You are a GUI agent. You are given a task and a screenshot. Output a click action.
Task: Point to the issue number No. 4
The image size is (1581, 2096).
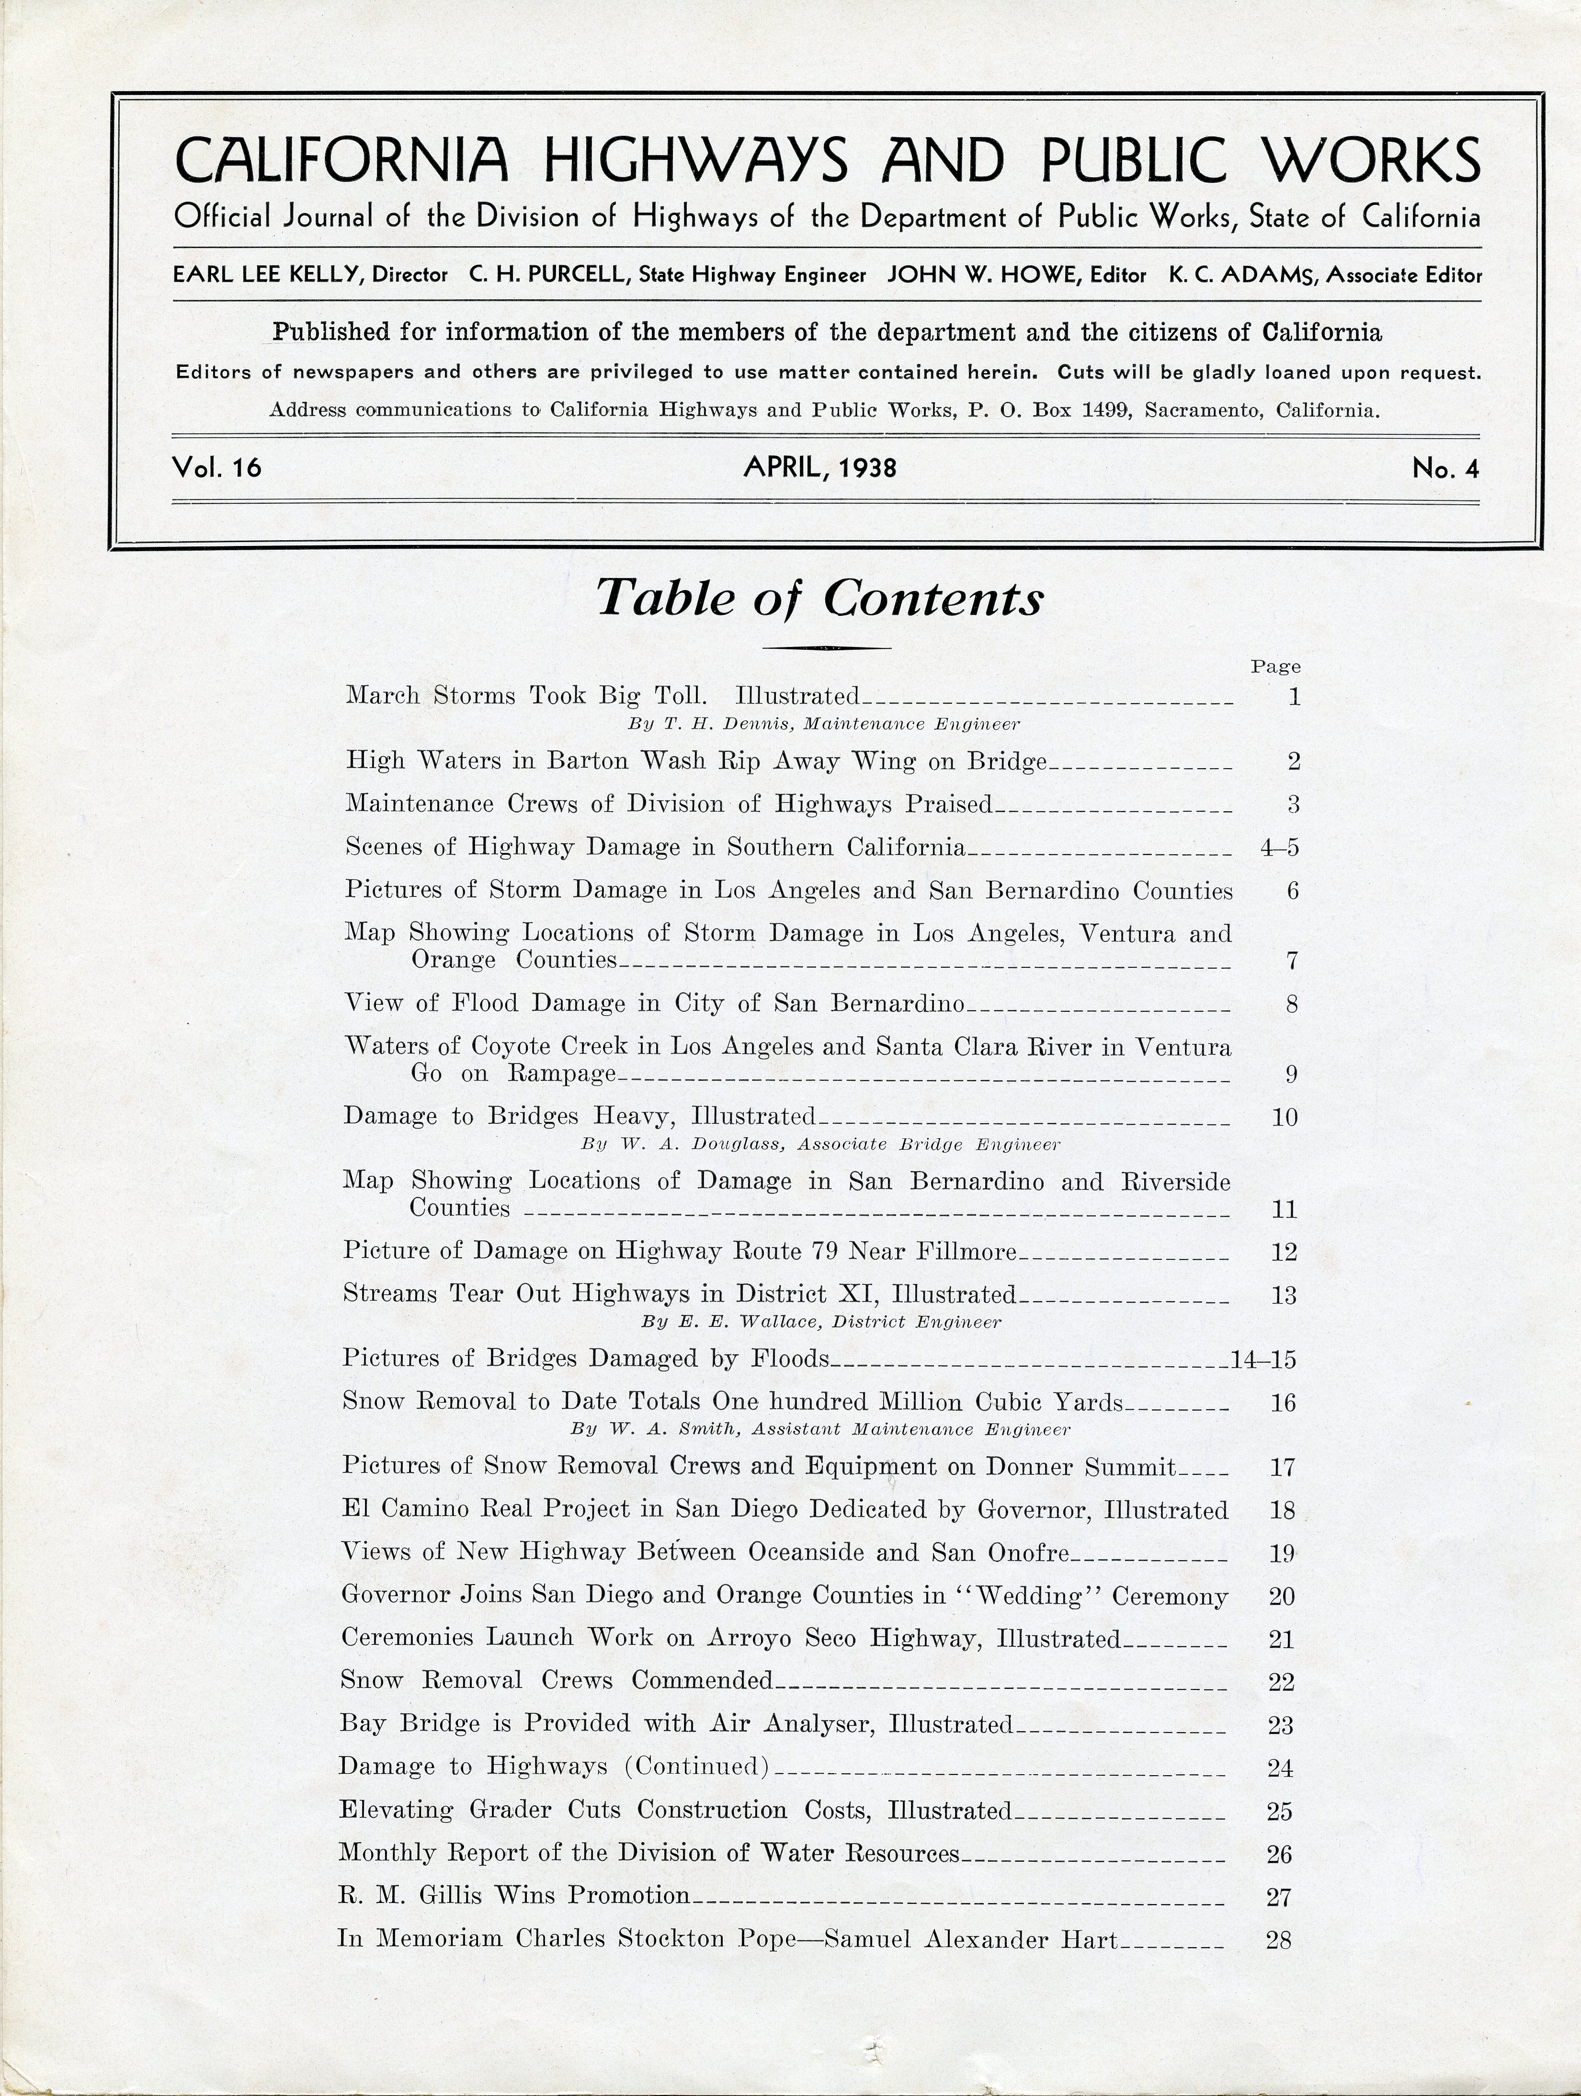[1445, 468]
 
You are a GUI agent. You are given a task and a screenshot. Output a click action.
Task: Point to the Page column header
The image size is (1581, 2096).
[1275, 666]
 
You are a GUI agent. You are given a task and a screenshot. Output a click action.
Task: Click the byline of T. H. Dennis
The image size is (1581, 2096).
[824, 724]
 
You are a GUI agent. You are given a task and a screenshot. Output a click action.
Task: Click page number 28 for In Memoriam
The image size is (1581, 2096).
[1279, 1940]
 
